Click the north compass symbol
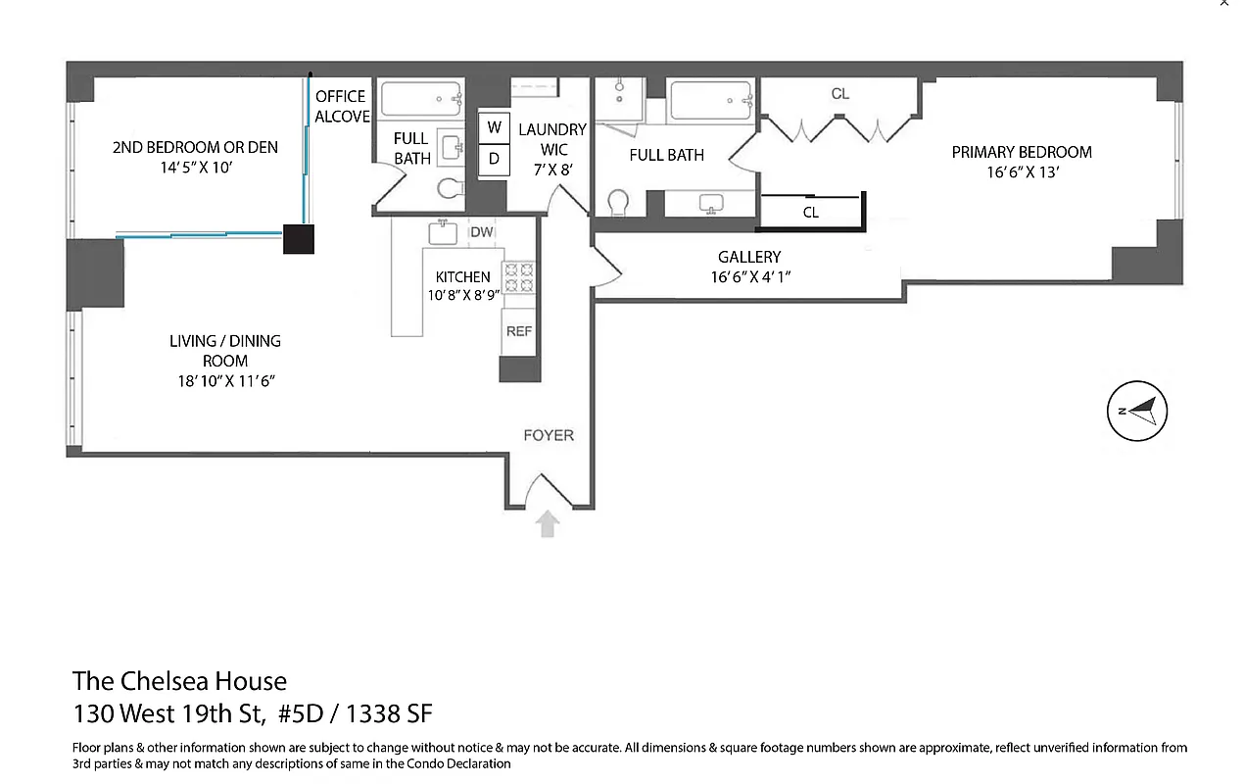tap(1137, 411)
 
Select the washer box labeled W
tap(494, 128)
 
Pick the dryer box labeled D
tap(494, 159)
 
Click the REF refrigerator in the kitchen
tap(519, 331)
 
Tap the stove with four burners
tap(518, 278)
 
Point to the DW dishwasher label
tap(481, 232)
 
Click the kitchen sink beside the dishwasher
tap(444, 232)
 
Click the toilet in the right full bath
tap(621, 203)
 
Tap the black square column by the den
tap(299, 238)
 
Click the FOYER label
tap(549, 435)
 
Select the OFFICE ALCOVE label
tap(341, 106)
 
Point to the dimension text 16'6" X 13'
tap(1022, 172)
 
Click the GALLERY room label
tap(749, 257)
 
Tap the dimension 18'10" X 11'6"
tap(225, 381)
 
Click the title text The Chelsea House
tap(179, 681)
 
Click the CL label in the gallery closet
tap(811, 212)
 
